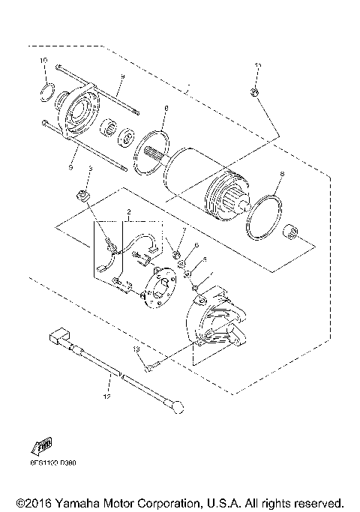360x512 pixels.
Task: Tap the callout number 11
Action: point(257,67)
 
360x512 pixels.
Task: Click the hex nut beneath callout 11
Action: point(254,92)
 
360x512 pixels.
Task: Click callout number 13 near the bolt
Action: point(137,349)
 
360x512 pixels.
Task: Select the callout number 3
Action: point(88,170)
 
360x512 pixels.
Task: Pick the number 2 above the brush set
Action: point(128,213)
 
